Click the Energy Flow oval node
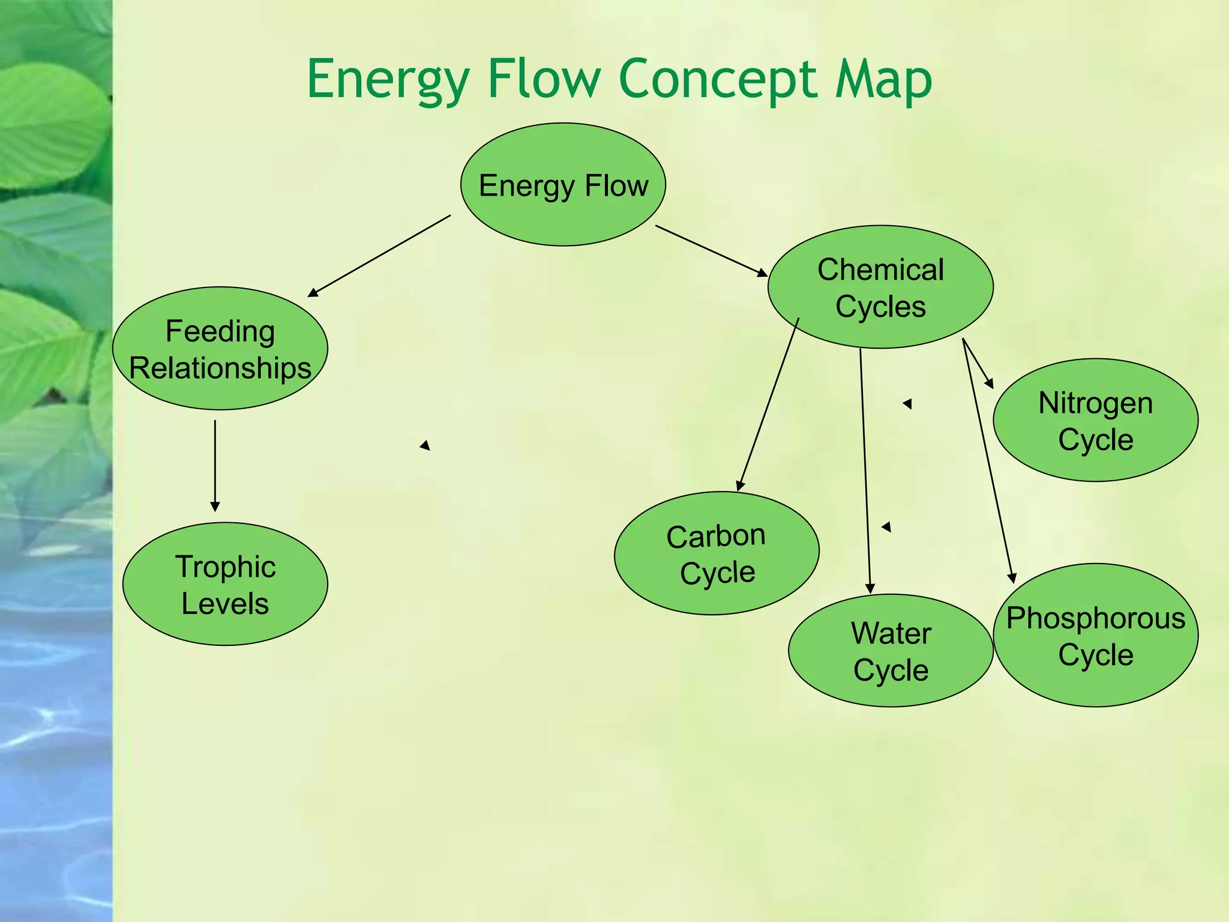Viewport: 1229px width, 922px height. pos(563,185)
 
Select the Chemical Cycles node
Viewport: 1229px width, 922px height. pos(880,288)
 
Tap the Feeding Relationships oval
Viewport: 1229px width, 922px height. pos(220,349)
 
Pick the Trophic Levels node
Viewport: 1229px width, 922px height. pos(225,584)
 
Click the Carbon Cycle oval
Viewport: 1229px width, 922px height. pos(717,553)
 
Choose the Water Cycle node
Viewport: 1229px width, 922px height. pos(891,651)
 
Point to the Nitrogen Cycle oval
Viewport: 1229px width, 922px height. pos(1095,420)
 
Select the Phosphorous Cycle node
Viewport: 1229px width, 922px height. pos(1095,635)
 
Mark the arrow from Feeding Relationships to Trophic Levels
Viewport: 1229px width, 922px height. pos(215,466)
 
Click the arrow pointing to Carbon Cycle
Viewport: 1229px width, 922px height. pos(769,405)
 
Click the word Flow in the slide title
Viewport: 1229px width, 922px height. pos(544,80)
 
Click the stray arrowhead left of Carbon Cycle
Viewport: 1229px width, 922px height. pos(425,445)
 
